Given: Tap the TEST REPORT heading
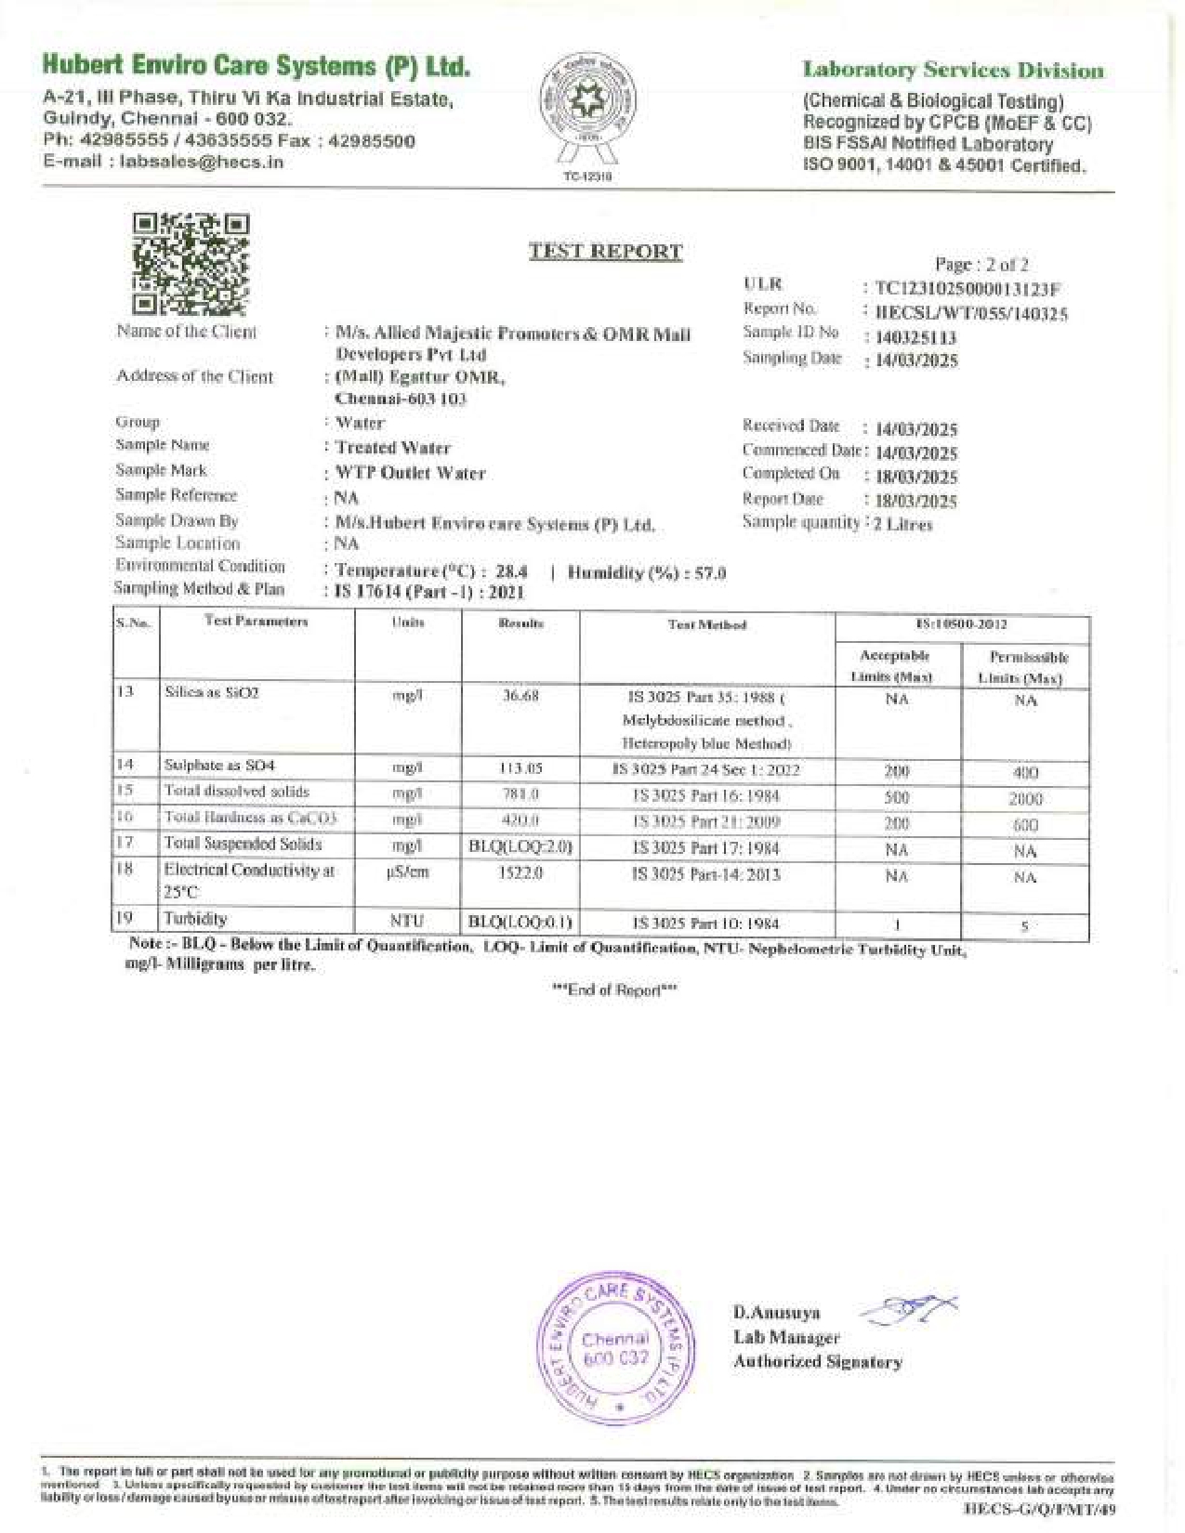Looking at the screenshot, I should pos(605,251).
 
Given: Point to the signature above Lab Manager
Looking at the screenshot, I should pos(911,1309).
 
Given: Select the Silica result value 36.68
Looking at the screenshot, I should pos(520,696).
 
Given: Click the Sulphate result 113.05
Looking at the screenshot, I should pos(520,768).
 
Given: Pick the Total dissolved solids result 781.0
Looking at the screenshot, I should pos(520,794).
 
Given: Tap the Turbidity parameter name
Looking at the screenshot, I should pos(195,919).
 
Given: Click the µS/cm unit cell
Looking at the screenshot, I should pos(407,873).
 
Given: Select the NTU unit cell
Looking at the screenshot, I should pos(407,921).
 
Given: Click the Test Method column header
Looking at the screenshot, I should pos(706,625).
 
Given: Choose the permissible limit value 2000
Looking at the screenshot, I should pos(1025,799).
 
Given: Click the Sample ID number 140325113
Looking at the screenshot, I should pos(915,337).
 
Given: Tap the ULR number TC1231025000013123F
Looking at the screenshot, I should pos(968,288).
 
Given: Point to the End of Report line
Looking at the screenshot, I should pos(614,989).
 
